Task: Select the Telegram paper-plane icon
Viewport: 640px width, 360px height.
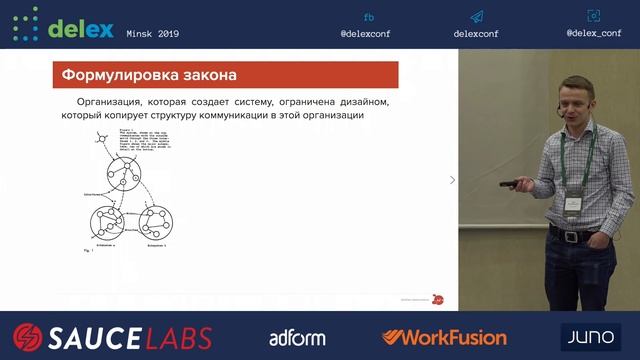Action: tap(477, 17)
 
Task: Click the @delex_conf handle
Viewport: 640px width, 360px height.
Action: tap(594, 32)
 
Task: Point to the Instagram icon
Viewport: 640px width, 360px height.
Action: tap(594, 15)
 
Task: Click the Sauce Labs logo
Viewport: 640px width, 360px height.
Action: tap(113, 336)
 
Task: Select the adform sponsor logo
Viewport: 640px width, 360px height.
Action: tap(297, 337)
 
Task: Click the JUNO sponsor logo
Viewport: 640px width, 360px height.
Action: tap(590, 336)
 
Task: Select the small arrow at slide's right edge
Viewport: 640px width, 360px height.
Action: tap(452, 180)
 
